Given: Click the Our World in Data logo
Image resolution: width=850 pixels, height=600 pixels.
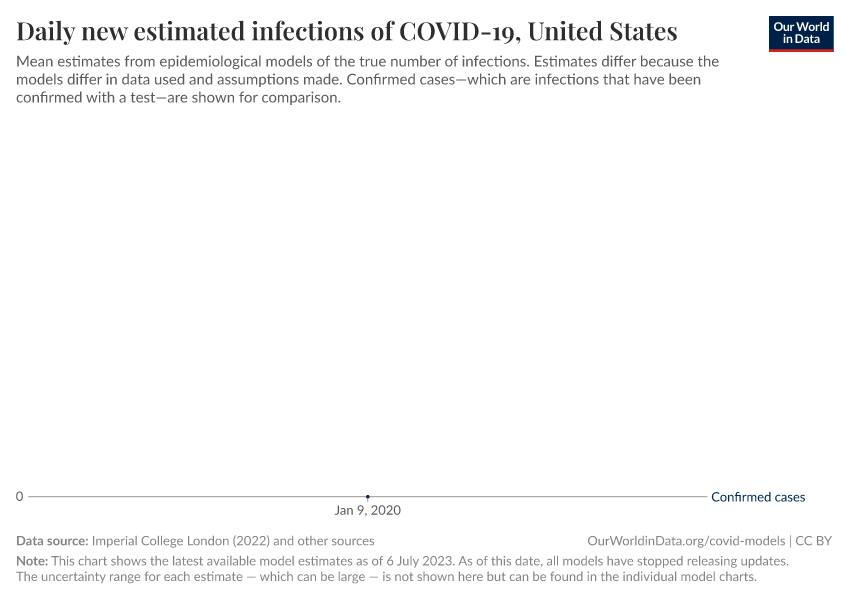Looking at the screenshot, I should [800, 33].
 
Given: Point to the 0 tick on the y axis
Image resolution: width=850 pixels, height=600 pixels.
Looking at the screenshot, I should [19, 497].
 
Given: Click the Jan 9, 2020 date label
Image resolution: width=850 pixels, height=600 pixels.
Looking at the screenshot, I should [367, 511].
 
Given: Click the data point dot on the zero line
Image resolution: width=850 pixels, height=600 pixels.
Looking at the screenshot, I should [367, 497].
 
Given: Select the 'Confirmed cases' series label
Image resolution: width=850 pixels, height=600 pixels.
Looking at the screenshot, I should [757, 497].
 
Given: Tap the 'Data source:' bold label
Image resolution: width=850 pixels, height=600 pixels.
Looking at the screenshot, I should [52, 541].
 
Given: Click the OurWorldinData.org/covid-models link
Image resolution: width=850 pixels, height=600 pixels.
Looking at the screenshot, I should [686, 541].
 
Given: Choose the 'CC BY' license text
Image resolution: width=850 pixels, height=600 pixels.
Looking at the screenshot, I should [813, 541].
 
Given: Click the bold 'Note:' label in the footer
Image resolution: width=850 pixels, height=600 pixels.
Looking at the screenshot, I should [32, 561].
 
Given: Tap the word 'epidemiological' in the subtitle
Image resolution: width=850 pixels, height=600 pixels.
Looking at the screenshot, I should [212, 62].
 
